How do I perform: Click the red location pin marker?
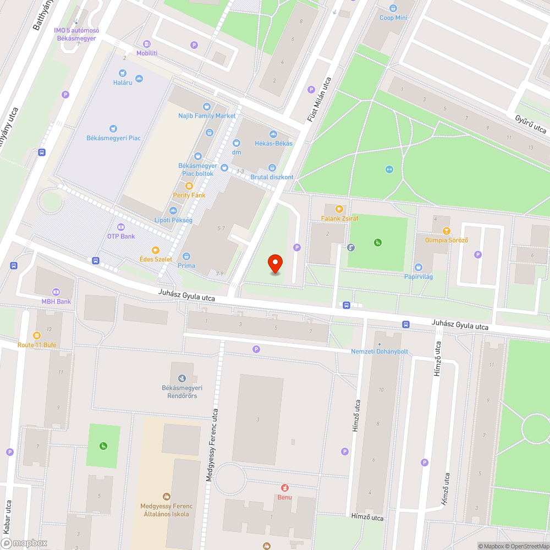tap(275, 264)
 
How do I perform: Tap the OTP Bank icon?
tap(121, 227)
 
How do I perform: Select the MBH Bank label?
tap(56, 301)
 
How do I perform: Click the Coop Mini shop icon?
tap(393, 8)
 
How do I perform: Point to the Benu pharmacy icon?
tap(285, 488)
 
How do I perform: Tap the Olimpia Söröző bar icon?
tap(446, 231)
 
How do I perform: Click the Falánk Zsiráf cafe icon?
tap(339, 209)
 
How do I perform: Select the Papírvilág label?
tap(418, 277)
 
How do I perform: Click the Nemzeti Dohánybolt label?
tap(380, 351)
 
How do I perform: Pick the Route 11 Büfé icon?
tap(37, 335)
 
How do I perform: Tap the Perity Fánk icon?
tap(189, 186)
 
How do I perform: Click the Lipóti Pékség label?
tap(173, 220)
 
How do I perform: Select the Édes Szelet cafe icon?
tap(156, 250)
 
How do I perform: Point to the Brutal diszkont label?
tap(272, 177)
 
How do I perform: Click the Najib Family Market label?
tap(207, 116)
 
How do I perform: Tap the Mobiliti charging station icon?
tap(147, 44)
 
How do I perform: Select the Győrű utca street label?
tap(530, 125)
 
